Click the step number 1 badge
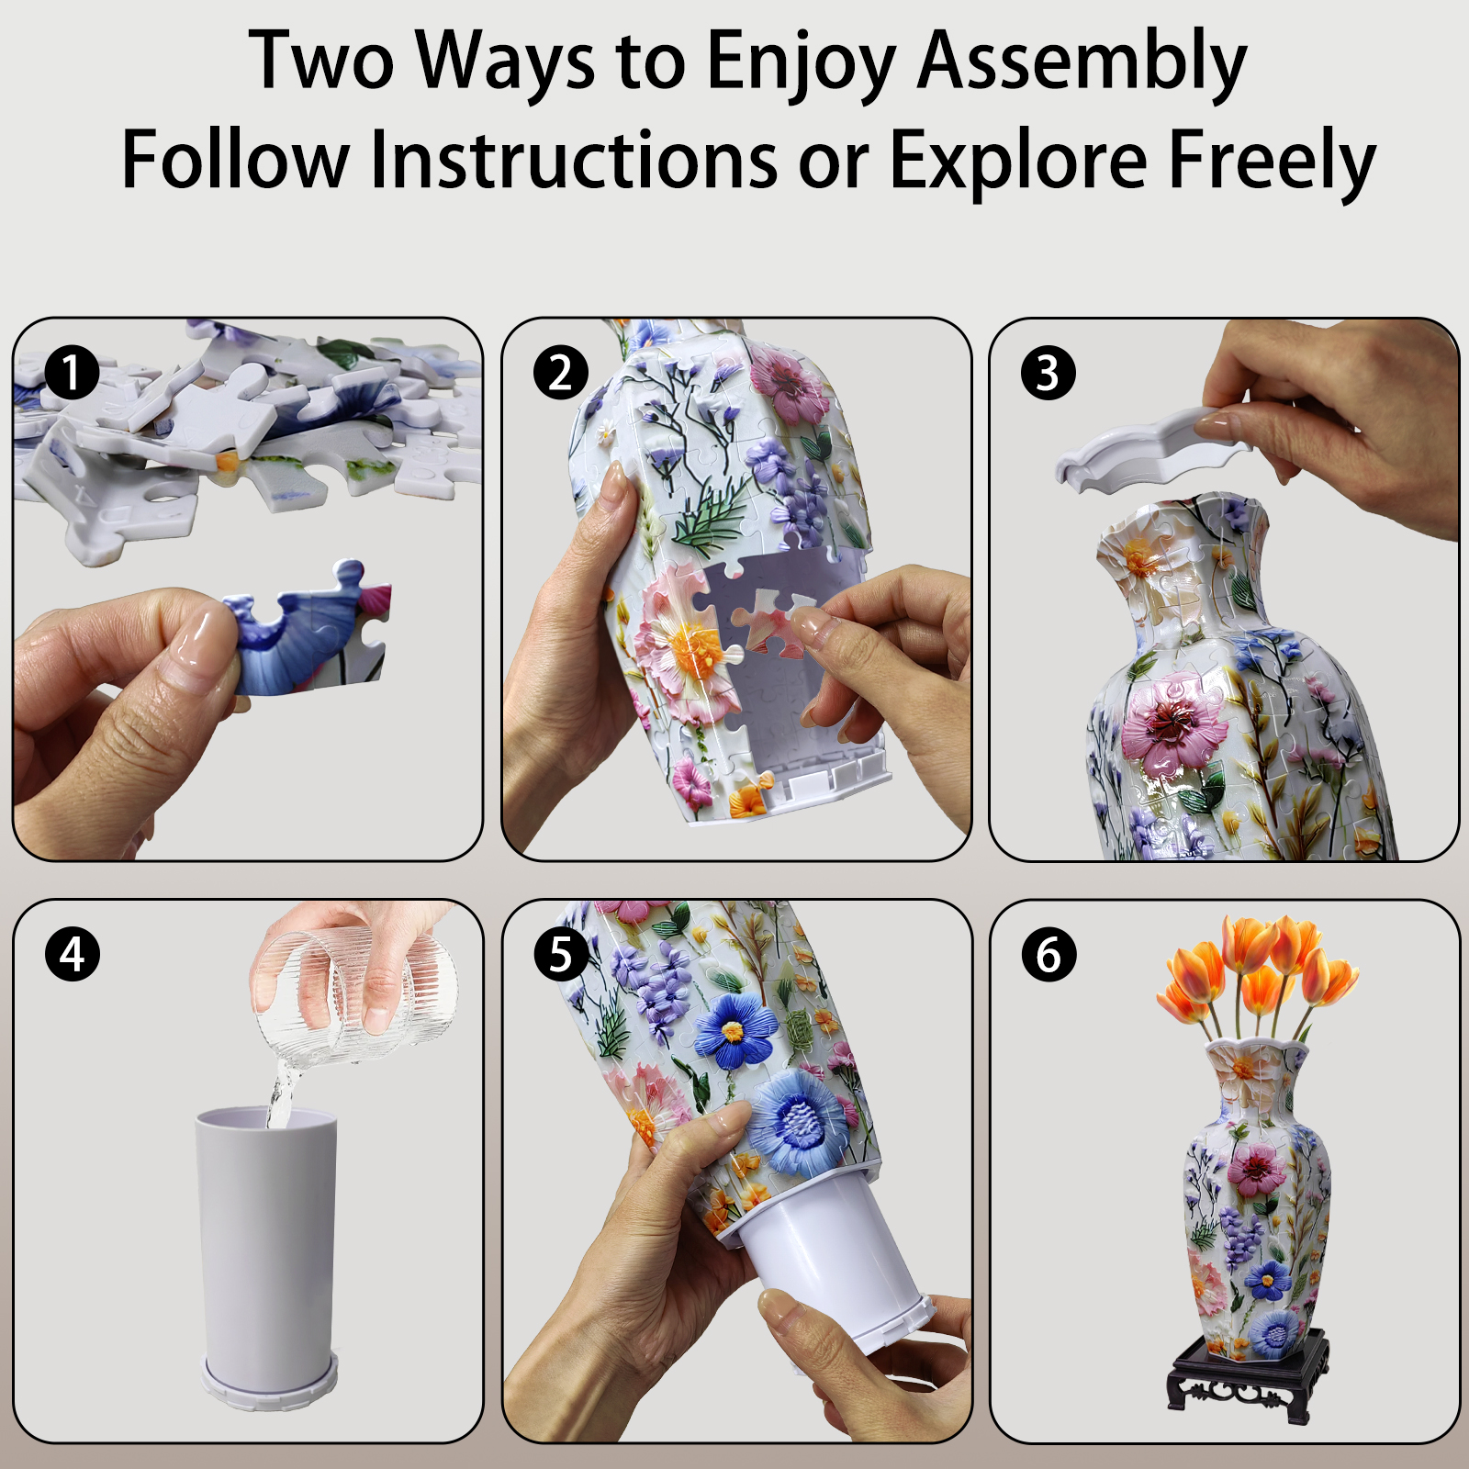(72, 373)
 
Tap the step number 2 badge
(560, 373)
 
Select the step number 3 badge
(1048, 373)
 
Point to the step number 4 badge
(72, 954)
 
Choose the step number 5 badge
(560, 954)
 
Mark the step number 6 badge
(1048, 954)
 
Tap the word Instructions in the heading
(574, 161)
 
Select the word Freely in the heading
(1272, 161)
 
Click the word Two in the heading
(321, 62)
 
